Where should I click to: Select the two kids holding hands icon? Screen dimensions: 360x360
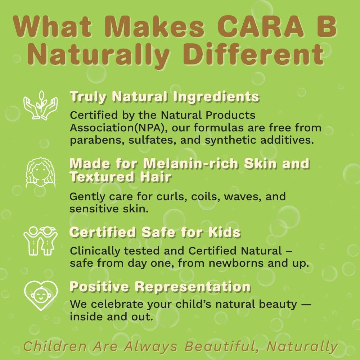coord(41,240)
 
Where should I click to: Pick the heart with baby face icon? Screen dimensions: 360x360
coord(41,295)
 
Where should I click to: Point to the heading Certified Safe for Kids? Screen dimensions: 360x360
coord(155,232)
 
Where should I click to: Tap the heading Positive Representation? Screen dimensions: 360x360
coord(160,287)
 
